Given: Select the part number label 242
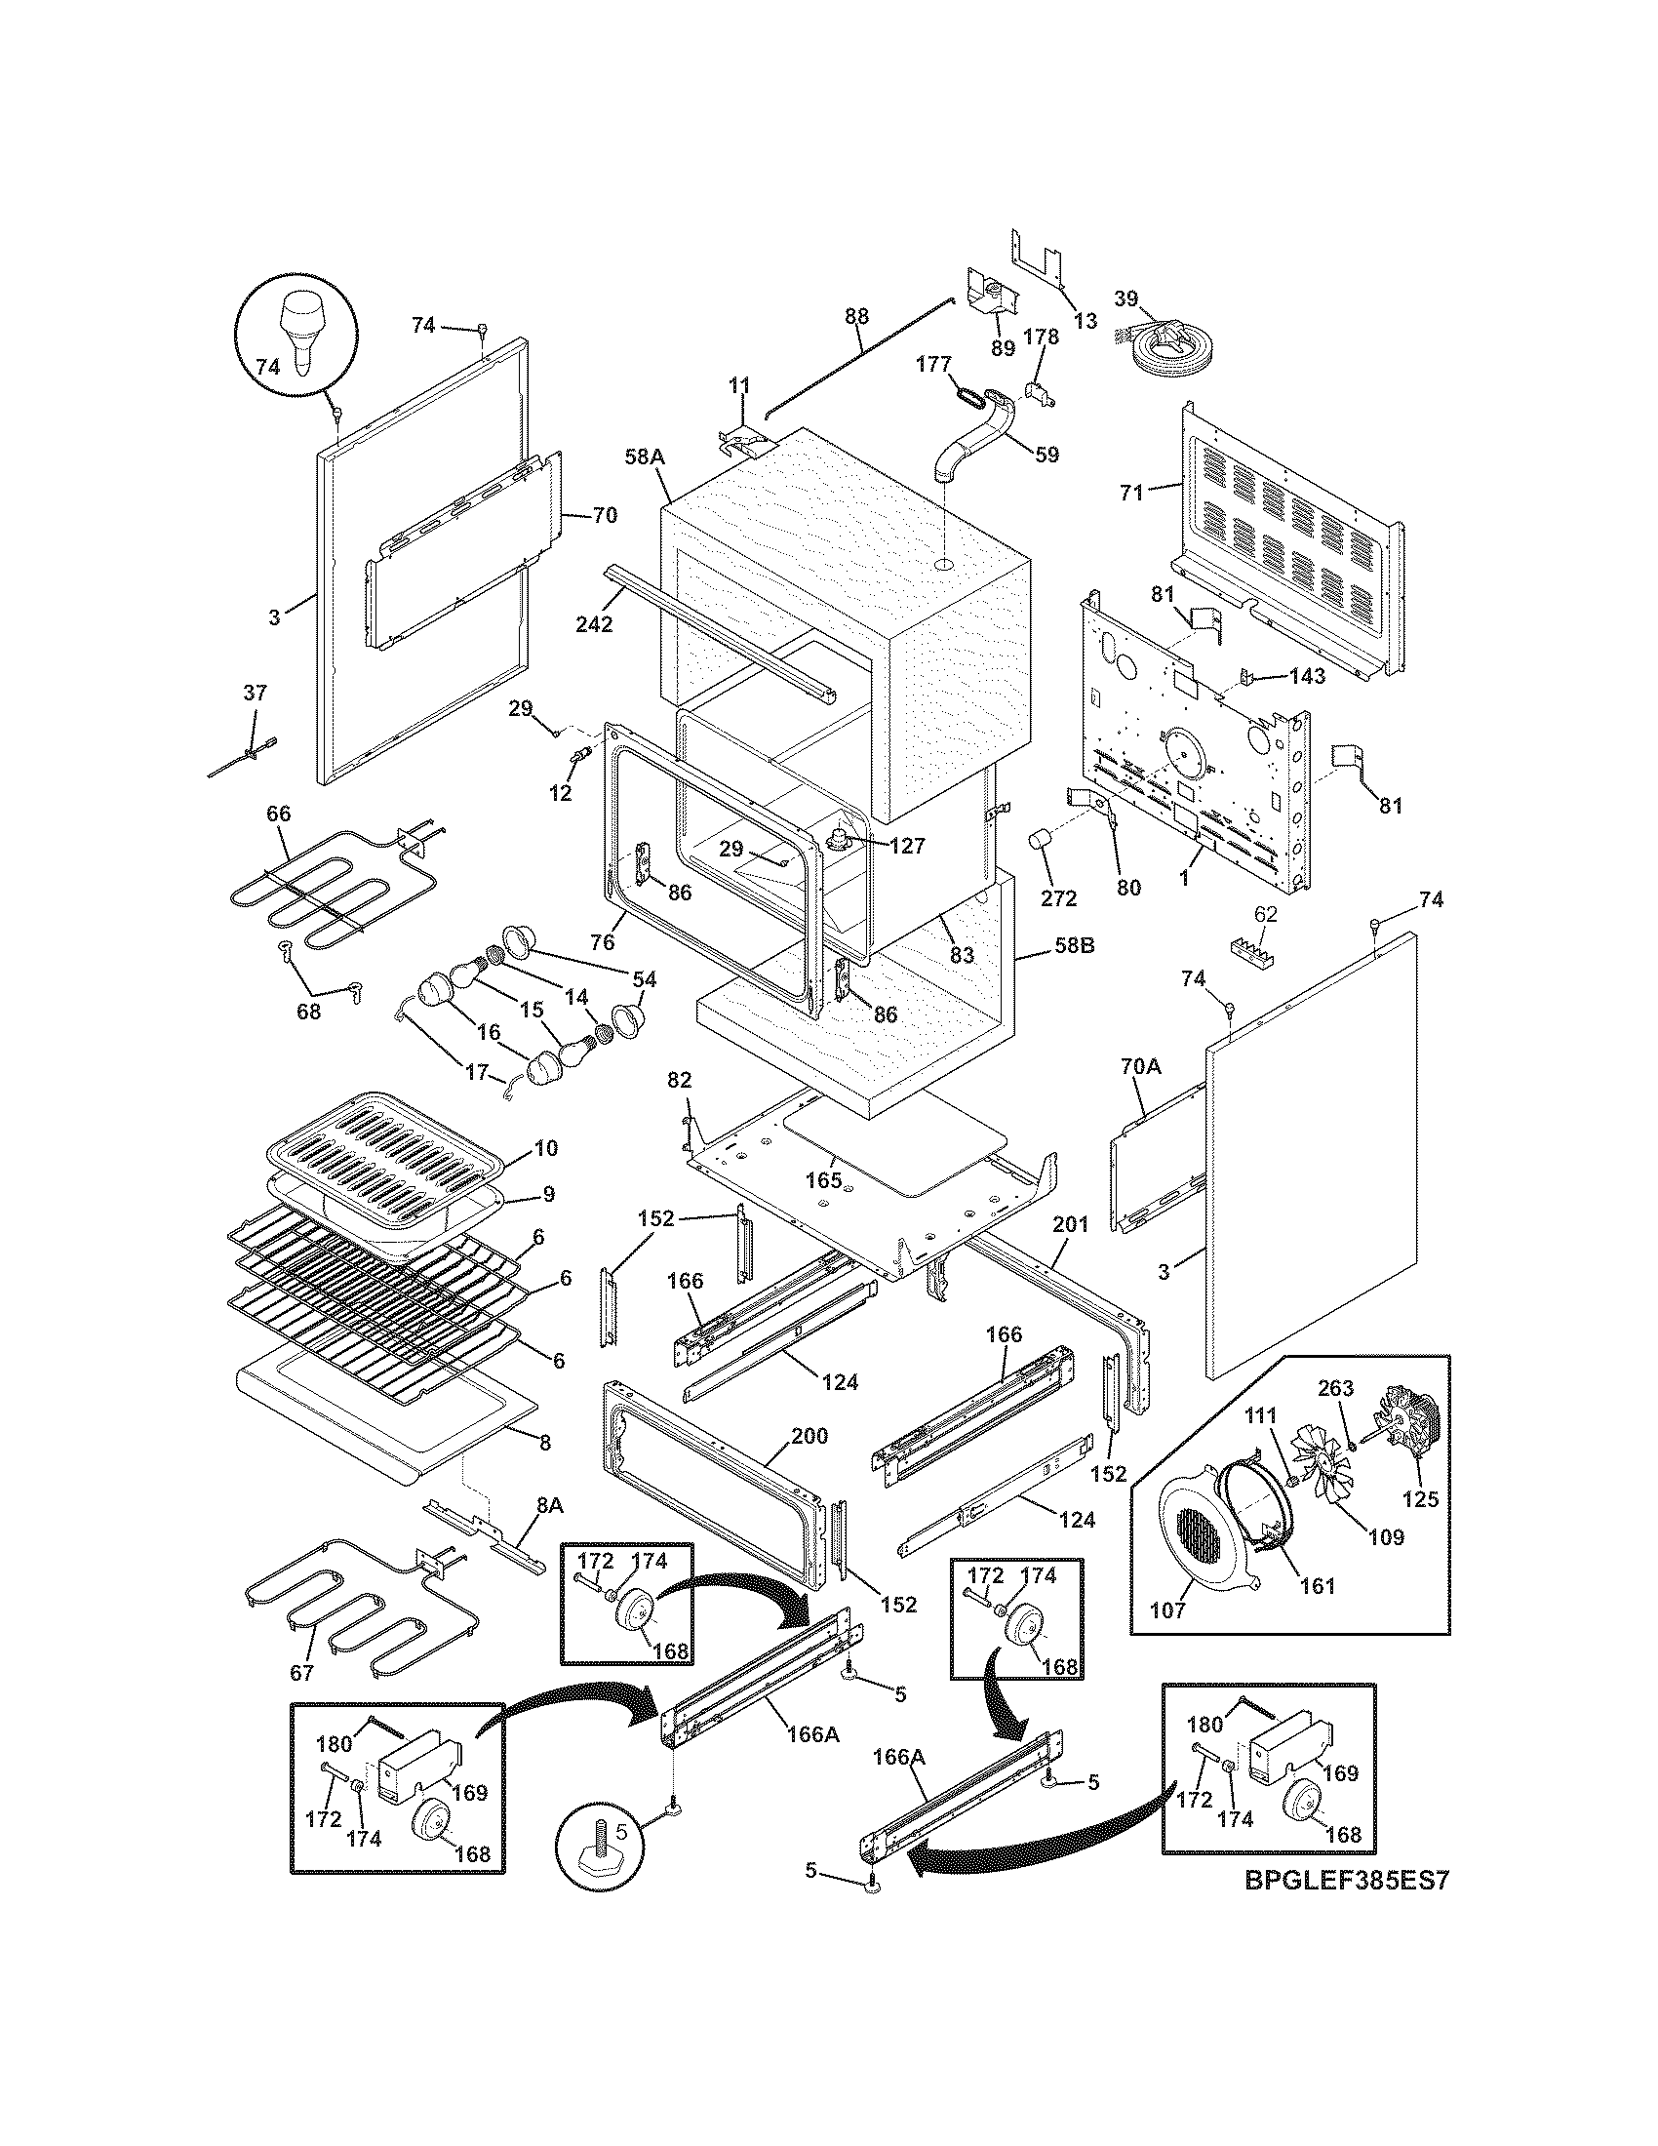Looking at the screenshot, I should [594, 624].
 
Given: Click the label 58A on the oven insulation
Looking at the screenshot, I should [645, 457].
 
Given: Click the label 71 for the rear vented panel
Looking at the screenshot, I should [1132, 493].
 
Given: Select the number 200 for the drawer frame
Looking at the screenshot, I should [809, 1437].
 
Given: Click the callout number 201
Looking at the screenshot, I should [1071, 1224].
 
